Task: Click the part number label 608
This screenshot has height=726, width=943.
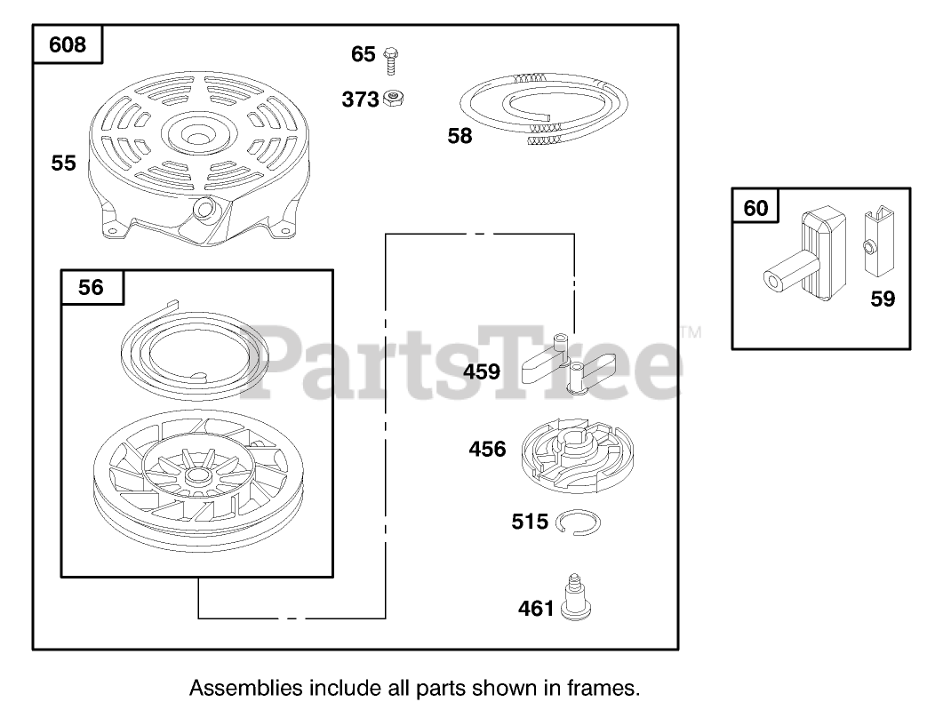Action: [x=68, y=44]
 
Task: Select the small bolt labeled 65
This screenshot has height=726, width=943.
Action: [x=389, y=60]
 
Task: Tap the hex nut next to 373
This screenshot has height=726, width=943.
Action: [x=391, y=99]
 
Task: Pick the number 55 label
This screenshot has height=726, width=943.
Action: [x=63, y=164]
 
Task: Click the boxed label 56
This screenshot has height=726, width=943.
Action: [x=91, y=287]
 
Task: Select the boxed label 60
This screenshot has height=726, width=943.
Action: [x=755, y=208]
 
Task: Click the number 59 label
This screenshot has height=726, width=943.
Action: [x=883, y=299]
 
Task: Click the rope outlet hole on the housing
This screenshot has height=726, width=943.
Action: [x=207, y=210]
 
